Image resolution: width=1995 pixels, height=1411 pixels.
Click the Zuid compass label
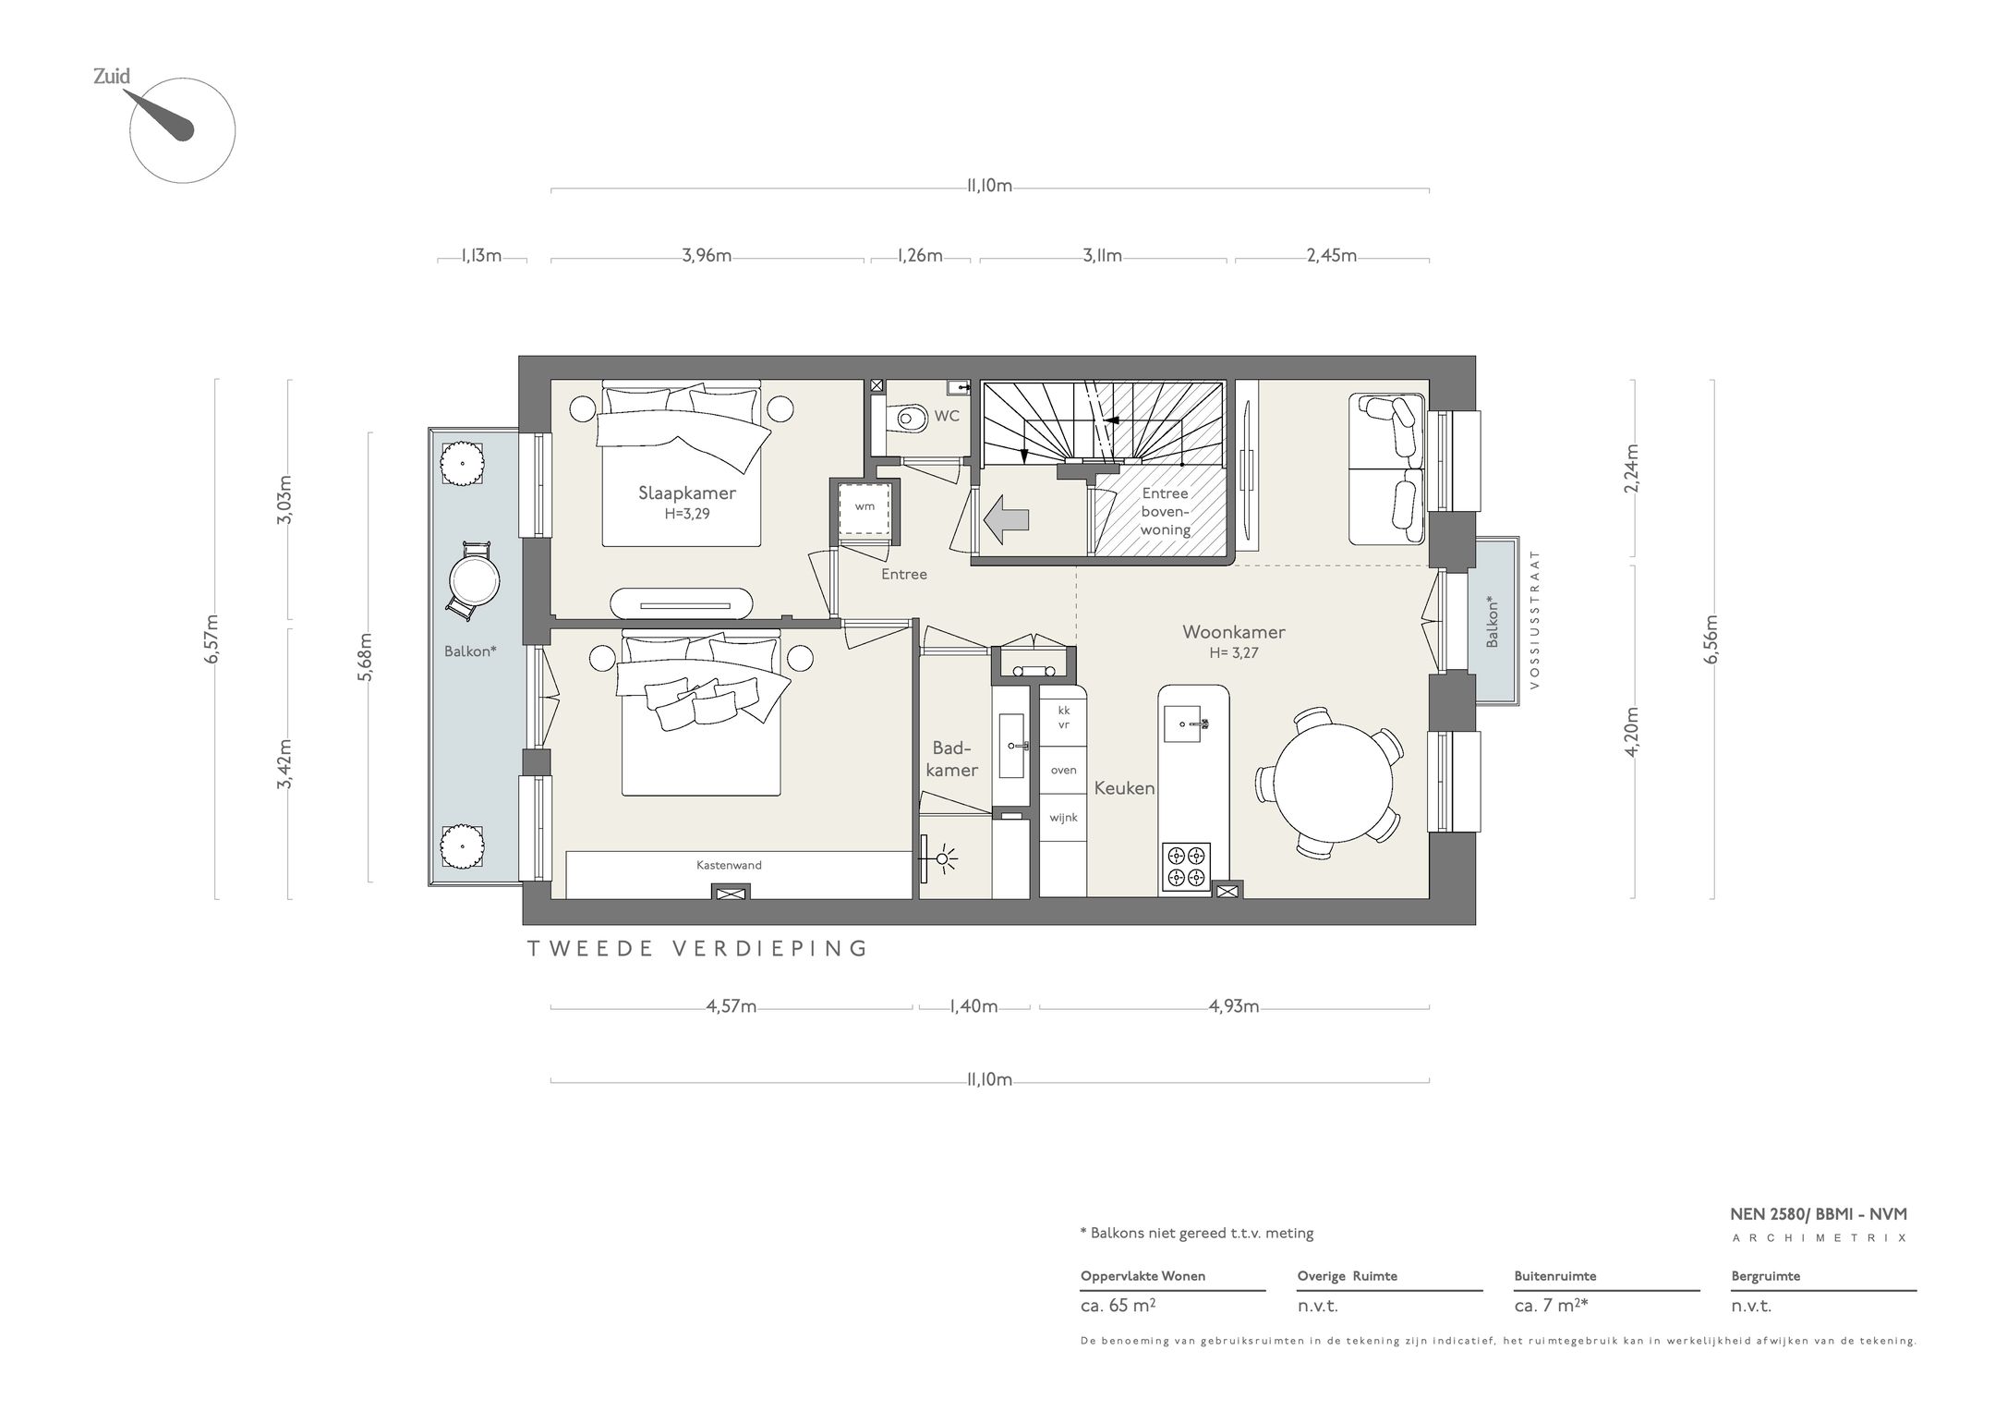[112, 77]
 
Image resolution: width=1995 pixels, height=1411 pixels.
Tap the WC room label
[947, 416]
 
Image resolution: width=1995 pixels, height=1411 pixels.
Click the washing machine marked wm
[864, 507]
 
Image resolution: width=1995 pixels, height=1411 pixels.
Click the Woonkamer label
[1234, 632]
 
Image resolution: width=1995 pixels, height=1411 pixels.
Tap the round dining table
[1333, 780]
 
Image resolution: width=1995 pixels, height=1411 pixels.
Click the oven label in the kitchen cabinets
[1063, 770]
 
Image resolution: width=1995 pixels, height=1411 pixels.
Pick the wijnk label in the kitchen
[1063, 818]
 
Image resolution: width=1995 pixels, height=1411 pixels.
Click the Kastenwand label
[729, 866]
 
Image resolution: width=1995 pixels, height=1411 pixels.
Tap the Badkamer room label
[951, 759]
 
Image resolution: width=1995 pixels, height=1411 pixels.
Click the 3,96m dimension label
[707, 256]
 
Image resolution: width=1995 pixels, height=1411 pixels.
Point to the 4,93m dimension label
[1234, 1007]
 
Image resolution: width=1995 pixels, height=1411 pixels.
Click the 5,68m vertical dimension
[367, 657]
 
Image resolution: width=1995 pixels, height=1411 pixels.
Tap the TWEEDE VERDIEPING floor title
[697, 949]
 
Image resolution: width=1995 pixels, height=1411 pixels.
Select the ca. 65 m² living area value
[1118, 1306]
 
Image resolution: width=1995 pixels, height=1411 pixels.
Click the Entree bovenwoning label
[1165, 512]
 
